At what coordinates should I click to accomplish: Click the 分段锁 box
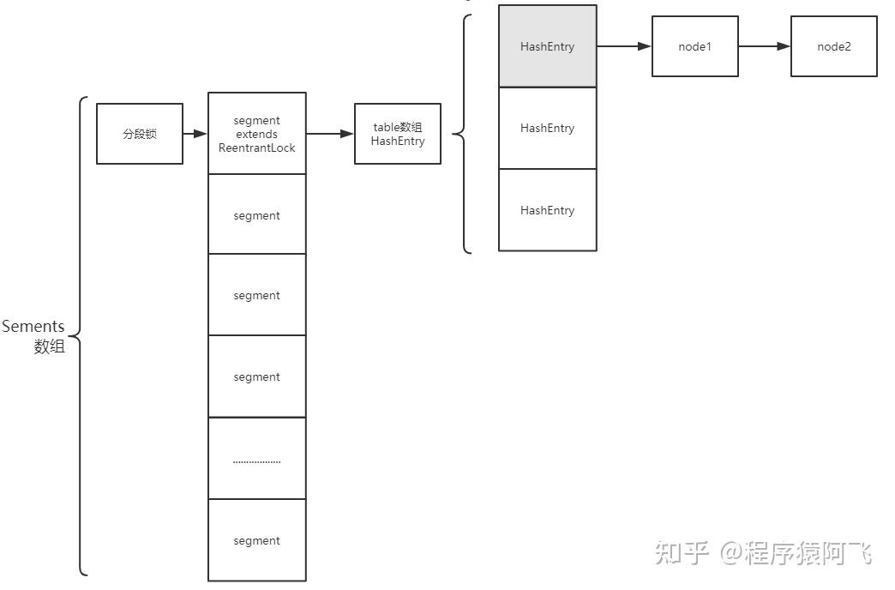(x=139, y=134)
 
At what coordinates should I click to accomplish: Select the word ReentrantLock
(x=256, y=148)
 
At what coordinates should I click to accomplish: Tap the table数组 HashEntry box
(x=398, y=134)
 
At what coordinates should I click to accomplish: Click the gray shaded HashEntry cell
(x=547, y=46)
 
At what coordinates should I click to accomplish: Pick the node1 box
(x=694, y=46)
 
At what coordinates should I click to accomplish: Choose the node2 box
(x=833, y=46)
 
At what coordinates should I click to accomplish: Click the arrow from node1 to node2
(x=764, y=46)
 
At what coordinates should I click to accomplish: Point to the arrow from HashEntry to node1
(x=623, y=46)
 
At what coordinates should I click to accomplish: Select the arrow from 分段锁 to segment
(x=195, y=134)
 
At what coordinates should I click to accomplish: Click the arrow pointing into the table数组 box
(x=330, y=134)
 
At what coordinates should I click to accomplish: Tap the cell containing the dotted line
(x=256, y=458)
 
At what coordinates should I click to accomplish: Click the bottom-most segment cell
(x=256, y=540)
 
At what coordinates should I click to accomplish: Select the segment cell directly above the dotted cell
(x=256, y=376)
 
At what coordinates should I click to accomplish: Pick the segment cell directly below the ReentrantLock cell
(x=256, y=214)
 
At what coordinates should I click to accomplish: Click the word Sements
(x=33, y=327)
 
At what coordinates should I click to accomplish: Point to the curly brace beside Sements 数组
(x=80, y=334)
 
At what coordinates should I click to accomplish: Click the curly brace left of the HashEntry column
(x=464, y=134)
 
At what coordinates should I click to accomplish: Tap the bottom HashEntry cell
(x=547, y=210)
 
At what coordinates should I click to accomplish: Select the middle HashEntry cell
(x=547, y=128)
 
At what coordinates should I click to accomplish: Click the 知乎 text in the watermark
(x=682, y=553)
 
